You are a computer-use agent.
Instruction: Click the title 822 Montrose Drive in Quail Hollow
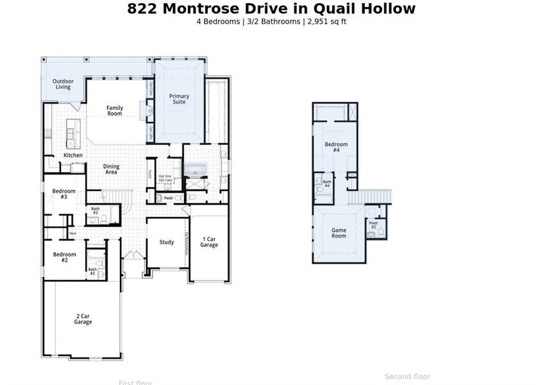[x=271, y=8]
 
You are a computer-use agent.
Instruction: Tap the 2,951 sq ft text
[x=327, y=21]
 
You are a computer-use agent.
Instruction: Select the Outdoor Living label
[x=63, y=84]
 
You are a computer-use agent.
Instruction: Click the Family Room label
[x=114, y=110]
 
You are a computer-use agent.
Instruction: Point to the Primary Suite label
[x=179, y=99]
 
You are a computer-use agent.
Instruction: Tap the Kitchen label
[x=73, y=155]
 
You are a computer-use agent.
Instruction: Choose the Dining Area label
[x=111, y=169]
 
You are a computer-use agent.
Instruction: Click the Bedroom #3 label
[x=64, y=194]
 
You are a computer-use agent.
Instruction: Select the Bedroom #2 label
[x=64, y=257]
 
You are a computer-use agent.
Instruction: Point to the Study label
[x=167, y=242]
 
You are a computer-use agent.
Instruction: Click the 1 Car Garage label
[x=209, y=242]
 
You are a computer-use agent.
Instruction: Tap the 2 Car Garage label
[x=83, y=319]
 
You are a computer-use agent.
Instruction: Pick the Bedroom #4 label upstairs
[x=336, y=147]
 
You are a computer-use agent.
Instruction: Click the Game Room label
[x=338, y=233]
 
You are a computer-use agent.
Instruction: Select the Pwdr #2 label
[x=373, y=225]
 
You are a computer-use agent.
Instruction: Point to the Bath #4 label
[x=327, y=184]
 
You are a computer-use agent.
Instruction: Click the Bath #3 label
[x=95, y=210]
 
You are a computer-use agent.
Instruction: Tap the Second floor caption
[x=407, y=377]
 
